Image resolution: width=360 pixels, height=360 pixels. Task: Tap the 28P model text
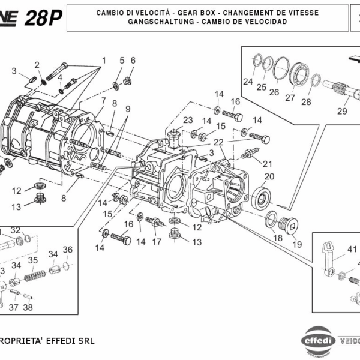tap(43, 18)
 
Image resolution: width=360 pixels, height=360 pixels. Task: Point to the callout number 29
tap(342, 111)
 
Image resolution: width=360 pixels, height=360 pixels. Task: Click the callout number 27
tap(290, 98)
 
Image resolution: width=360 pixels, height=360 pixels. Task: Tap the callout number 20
tap(269, 176)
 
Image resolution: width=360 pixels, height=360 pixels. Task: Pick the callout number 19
tap(296, 244)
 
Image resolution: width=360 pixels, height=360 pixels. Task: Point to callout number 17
tap(157, 242)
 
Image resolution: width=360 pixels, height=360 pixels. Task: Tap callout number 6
tap(133, 60)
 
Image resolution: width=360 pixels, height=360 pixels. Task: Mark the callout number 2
tap(37, 65)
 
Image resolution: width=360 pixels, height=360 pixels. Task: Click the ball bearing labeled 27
tap(298, 77)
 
